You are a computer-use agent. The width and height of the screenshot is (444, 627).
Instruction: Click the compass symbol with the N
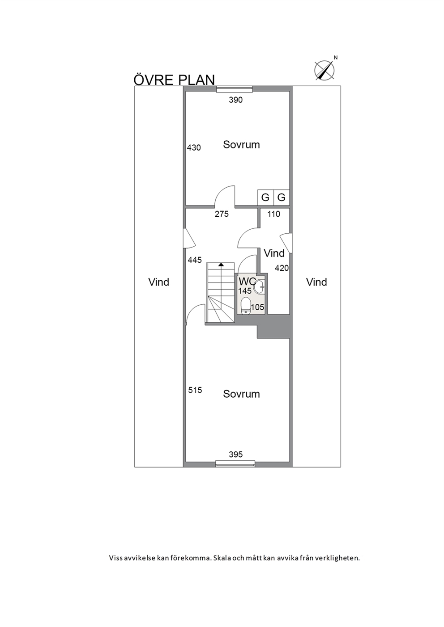tap(325, 70)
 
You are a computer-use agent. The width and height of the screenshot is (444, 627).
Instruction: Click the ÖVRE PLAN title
tap(174, 80)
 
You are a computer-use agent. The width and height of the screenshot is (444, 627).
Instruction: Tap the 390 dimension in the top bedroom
tap(235, 100)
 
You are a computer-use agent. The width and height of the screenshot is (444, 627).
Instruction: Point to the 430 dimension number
tap(194, 147)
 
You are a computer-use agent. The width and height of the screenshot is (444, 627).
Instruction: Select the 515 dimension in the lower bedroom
tap(195, 390)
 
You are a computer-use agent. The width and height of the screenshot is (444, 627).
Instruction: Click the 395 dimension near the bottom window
tap(235, 454)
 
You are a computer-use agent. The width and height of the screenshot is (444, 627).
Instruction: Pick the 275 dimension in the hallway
tap(222, 214)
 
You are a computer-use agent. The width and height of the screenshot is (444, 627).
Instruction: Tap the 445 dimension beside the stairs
tap(195, 260)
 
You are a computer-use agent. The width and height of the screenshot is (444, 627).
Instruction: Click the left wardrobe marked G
tap(265, 198)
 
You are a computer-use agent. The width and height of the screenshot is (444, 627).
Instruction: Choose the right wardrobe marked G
tap(281, 198)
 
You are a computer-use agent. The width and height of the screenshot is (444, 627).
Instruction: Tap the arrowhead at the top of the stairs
tap(222, 264)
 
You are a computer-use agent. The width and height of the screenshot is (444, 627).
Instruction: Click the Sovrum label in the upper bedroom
tap(241, 145)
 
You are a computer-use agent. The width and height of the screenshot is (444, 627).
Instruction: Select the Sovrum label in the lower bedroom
tap(241, 394)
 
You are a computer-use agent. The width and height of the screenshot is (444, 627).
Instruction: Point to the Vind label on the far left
tap(158, 282)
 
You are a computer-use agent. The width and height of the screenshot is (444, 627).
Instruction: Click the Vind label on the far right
tap(316, 282)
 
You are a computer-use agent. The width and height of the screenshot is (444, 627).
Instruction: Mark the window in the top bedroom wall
tap(235, 89)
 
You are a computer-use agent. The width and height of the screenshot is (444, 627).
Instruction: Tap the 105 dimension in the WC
tap(257, 307)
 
